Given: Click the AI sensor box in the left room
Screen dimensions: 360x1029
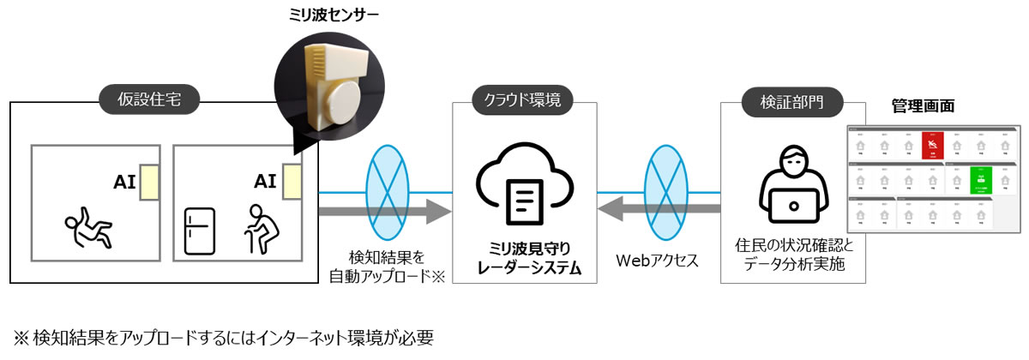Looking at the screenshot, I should [151, 182].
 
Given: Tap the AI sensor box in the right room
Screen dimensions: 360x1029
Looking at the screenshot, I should [292, 182].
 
